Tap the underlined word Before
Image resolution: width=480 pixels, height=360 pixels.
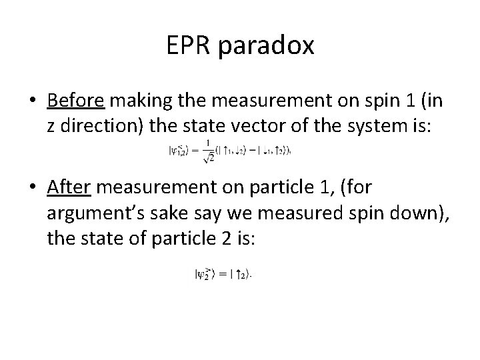point(75,100)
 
